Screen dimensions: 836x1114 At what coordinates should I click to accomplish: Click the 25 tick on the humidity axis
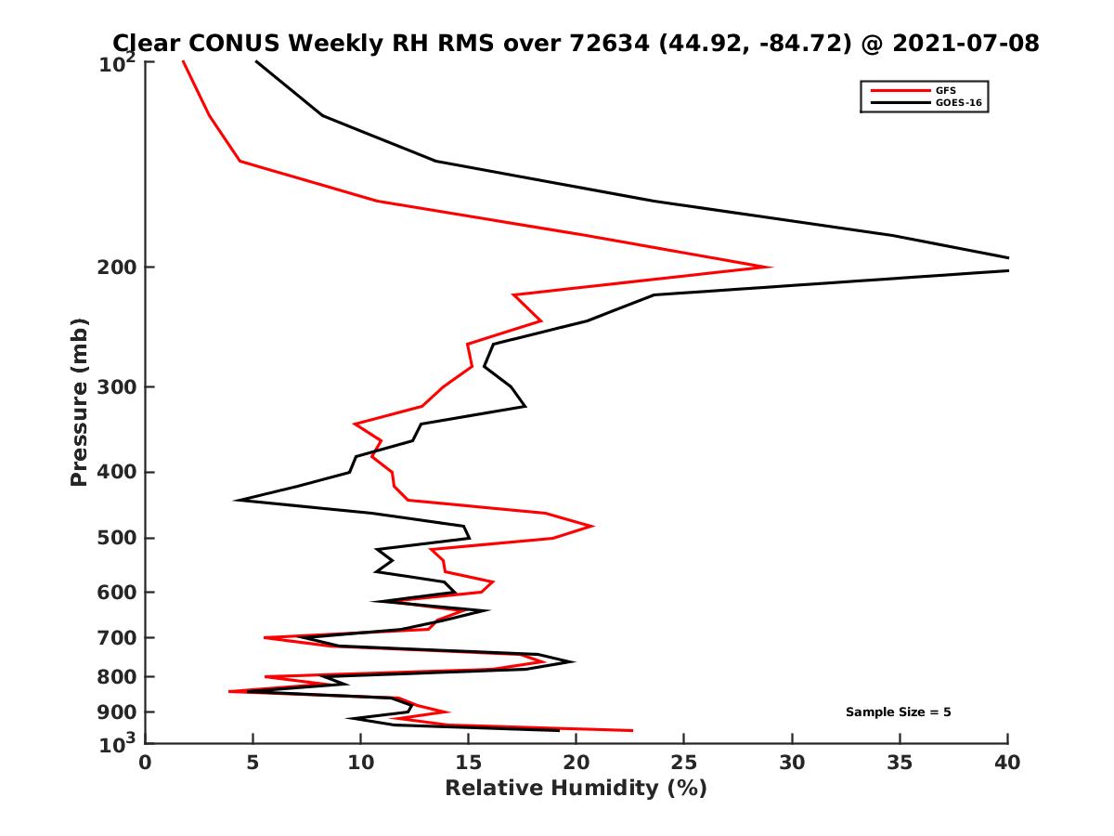[684, 763]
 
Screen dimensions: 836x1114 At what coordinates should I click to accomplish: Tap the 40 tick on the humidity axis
[1007, 763]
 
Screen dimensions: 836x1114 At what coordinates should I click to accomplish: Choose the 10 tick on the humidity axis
[361, 763]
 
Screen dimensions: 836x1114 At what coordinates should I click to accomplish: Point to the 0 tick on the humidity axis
[146, 763]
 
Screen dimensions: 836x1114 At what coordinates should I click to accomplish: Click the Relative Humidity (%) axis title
[576, 789]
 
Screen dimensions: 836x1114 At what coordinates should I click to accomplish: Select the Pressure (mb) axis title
[79, 401]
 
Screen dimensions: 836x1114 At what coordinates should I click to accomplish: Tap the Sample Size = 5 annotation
[898, 712]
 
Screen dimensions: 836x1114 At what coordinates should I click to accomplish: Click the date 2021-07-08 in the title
[963, 43]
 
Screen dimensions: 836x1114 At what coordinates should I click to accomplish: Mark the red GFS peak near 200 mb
[771, 267]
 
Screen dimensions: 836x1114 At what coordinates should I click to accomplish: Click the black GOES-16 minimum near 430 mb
[238, 500]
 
